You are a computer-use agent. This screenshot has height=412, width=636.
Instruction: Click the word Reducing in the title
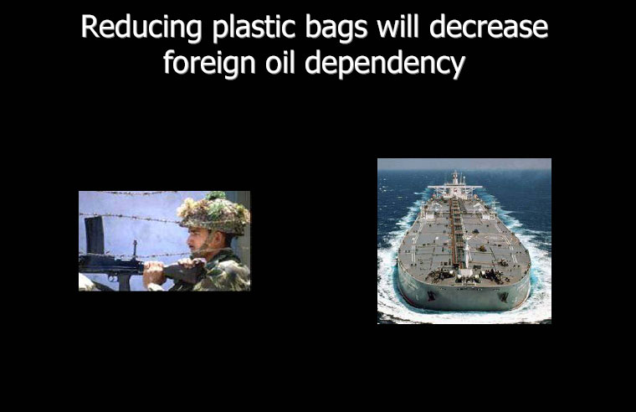[141, 27]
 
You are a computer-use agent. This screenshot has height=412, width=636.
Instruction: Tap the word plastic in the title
[254, 27]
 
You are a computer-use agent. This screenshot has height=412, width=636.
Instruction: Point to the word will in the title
[398, 26]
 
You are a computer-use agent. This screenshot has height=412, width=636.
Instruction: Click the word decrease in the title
[489, 27]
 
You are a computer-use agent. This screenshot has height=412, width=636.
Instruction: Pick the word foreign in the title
[209, 64]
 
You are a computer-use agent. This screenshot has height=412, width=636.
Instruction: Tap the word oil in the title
[280, 63]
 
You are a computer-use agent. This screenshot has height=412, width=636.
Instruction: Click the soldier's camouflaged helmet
[214, 214]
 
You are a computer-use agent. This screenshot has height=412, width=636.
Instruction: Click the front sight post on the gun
[135, 249]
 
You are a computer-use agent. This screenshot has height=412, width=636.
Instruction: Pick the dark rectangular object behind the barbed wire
[95, 236]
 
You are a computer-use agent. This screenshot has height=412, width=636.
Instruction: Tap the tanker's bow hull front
[464, 295]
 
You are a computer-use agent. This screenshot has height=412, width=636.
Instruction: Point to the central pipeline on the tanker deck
[457, 231]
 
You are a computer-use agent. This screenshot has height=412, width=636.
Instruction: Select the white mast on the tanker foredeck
[467, 254]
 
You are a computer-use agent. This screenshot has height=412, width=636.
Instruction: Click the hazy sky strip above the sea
[464, 164]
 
